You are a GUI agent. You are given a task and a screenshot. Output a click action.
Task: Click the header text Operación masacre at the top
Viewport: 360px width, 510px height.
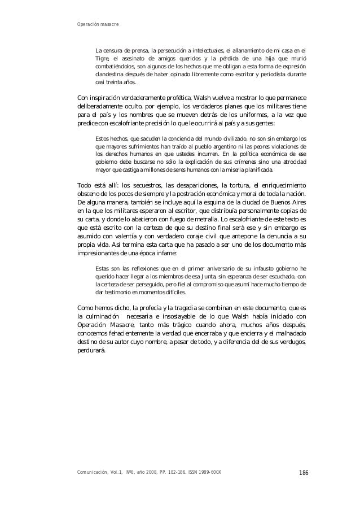96,24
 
